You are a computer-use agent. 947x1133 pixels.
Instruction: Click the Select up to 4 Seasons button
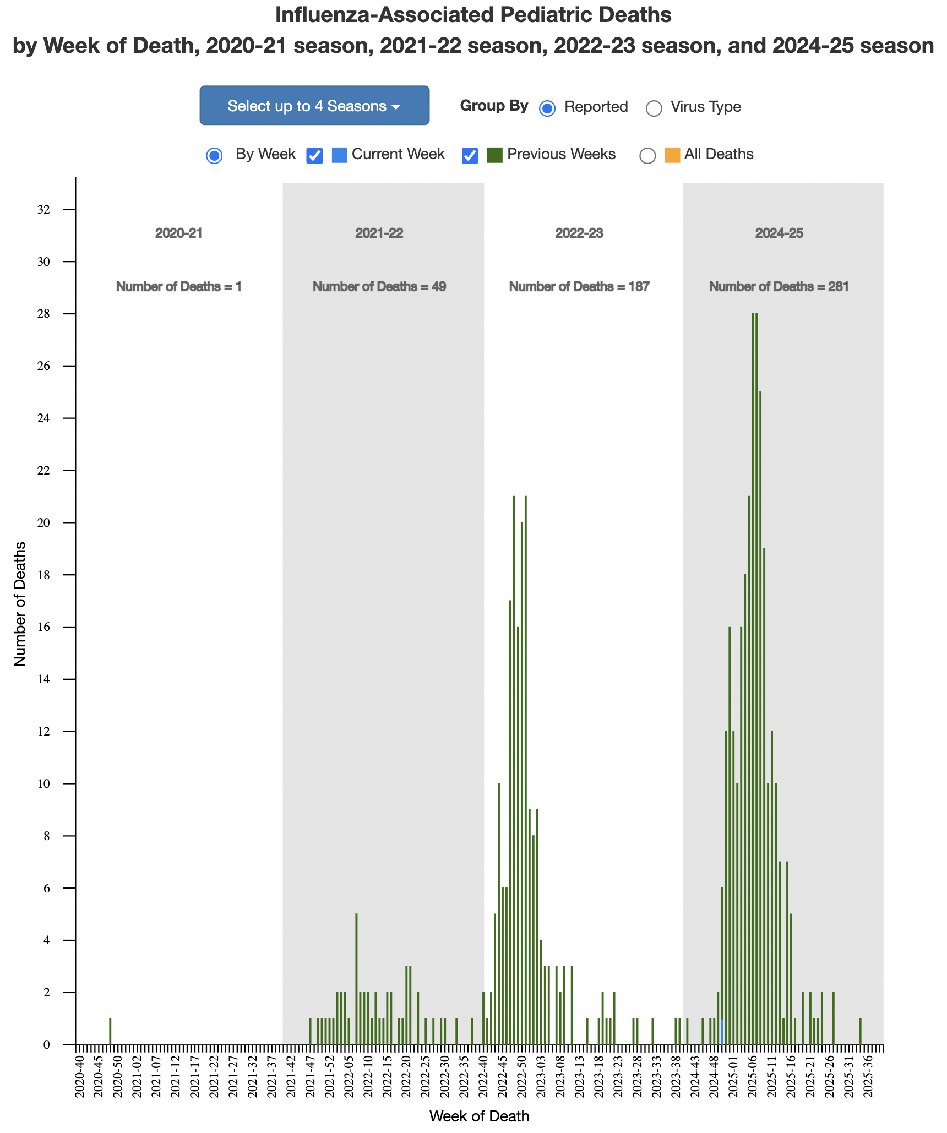point(314,105)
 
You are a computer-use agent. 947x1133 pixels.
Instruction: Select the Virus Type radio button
point(654,108)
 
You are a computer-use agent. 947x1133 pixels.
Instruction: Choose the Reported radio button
point(547,108)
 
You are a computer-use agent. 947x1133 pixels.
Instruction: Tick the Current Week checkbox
point(314,156)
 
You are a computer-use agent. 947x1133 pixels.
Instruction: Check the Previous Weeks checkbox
point(470,156)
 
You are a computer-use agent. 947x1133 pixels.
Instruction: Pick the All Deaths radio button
point(647,156)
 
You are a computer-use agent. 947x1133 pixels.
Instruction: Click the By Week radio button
point(214,156)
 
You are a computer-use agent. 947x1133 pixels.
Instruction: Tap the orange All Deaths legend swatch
point(672,155)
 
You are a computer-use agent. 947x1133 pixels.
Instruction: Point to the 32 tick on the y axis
point(43,209)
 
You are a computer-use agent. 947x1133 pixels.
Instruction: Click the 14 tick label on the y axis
point(43,679)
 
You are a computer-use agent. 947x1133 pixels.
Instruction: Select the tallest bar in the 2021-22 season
point(356,979)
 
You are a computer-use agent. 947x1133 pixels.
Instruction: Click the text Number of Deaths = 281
point(779,286)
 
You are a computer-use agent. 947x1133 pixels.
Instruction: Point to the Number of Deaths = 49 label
point(379,286)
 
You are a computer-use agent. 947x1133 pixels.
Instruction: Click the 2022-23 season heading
point(579,233)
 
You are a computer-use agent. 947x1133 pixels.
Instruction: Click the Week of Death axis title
point(479,1116)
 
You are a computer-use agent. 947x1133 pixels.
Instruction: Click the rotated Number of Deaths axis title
point(20,603)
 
